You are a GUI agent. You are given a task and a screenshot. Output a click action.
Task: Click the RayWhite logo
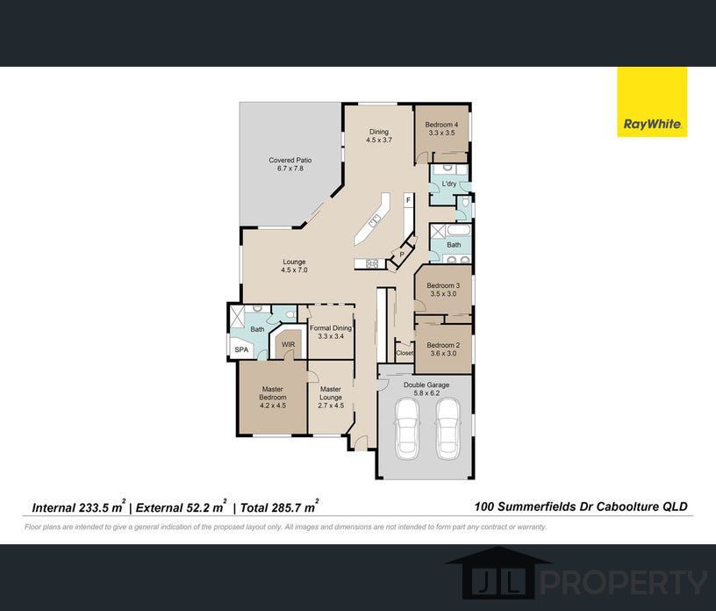652,102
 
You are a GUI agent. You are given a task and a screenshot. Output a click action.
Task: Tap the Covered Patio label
290,161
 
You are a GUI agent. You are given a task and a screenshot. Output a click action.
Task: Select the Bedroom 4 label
441,125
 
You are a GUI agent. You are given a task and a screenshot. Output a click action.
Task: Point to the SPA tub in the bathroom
241,349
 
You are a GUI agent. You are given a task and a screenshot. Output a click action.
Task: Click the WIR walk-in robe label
288,345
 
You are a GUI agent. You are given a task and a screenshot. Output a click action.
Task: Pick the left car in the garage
407,428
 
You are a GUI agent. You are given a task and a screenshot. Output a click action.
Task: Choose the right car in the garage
448,428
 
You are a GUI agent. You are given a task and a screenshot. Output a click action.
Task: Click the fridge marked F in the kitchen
408,200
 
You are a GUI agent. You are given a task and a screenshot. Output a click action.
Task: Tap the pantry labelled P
402,254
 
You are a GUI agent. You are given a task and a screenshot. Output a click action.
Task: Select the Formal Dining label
331,328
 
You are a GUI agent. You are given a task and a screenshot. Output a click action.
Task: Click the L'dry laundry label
449,183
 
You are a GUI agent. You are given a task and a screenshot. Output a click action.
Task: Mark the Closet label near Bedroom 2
405,353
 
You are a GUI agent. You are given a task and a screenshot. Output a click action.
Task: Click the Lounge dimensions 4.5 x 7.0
294,270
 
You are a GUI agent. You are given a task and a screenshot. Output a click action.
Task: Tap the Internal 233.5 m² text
79,507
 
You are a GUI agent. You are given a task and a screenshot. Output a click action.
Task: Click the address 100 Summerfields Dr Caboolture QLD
581,507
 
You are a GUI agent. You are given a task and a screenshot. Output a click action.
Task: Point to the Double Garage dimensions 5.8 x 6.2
426,393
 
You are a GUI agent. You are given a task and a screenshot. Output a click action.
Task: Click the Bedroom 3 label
443,285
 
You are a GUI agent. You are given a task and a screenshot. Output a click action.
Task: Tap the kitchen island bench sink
376,222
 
